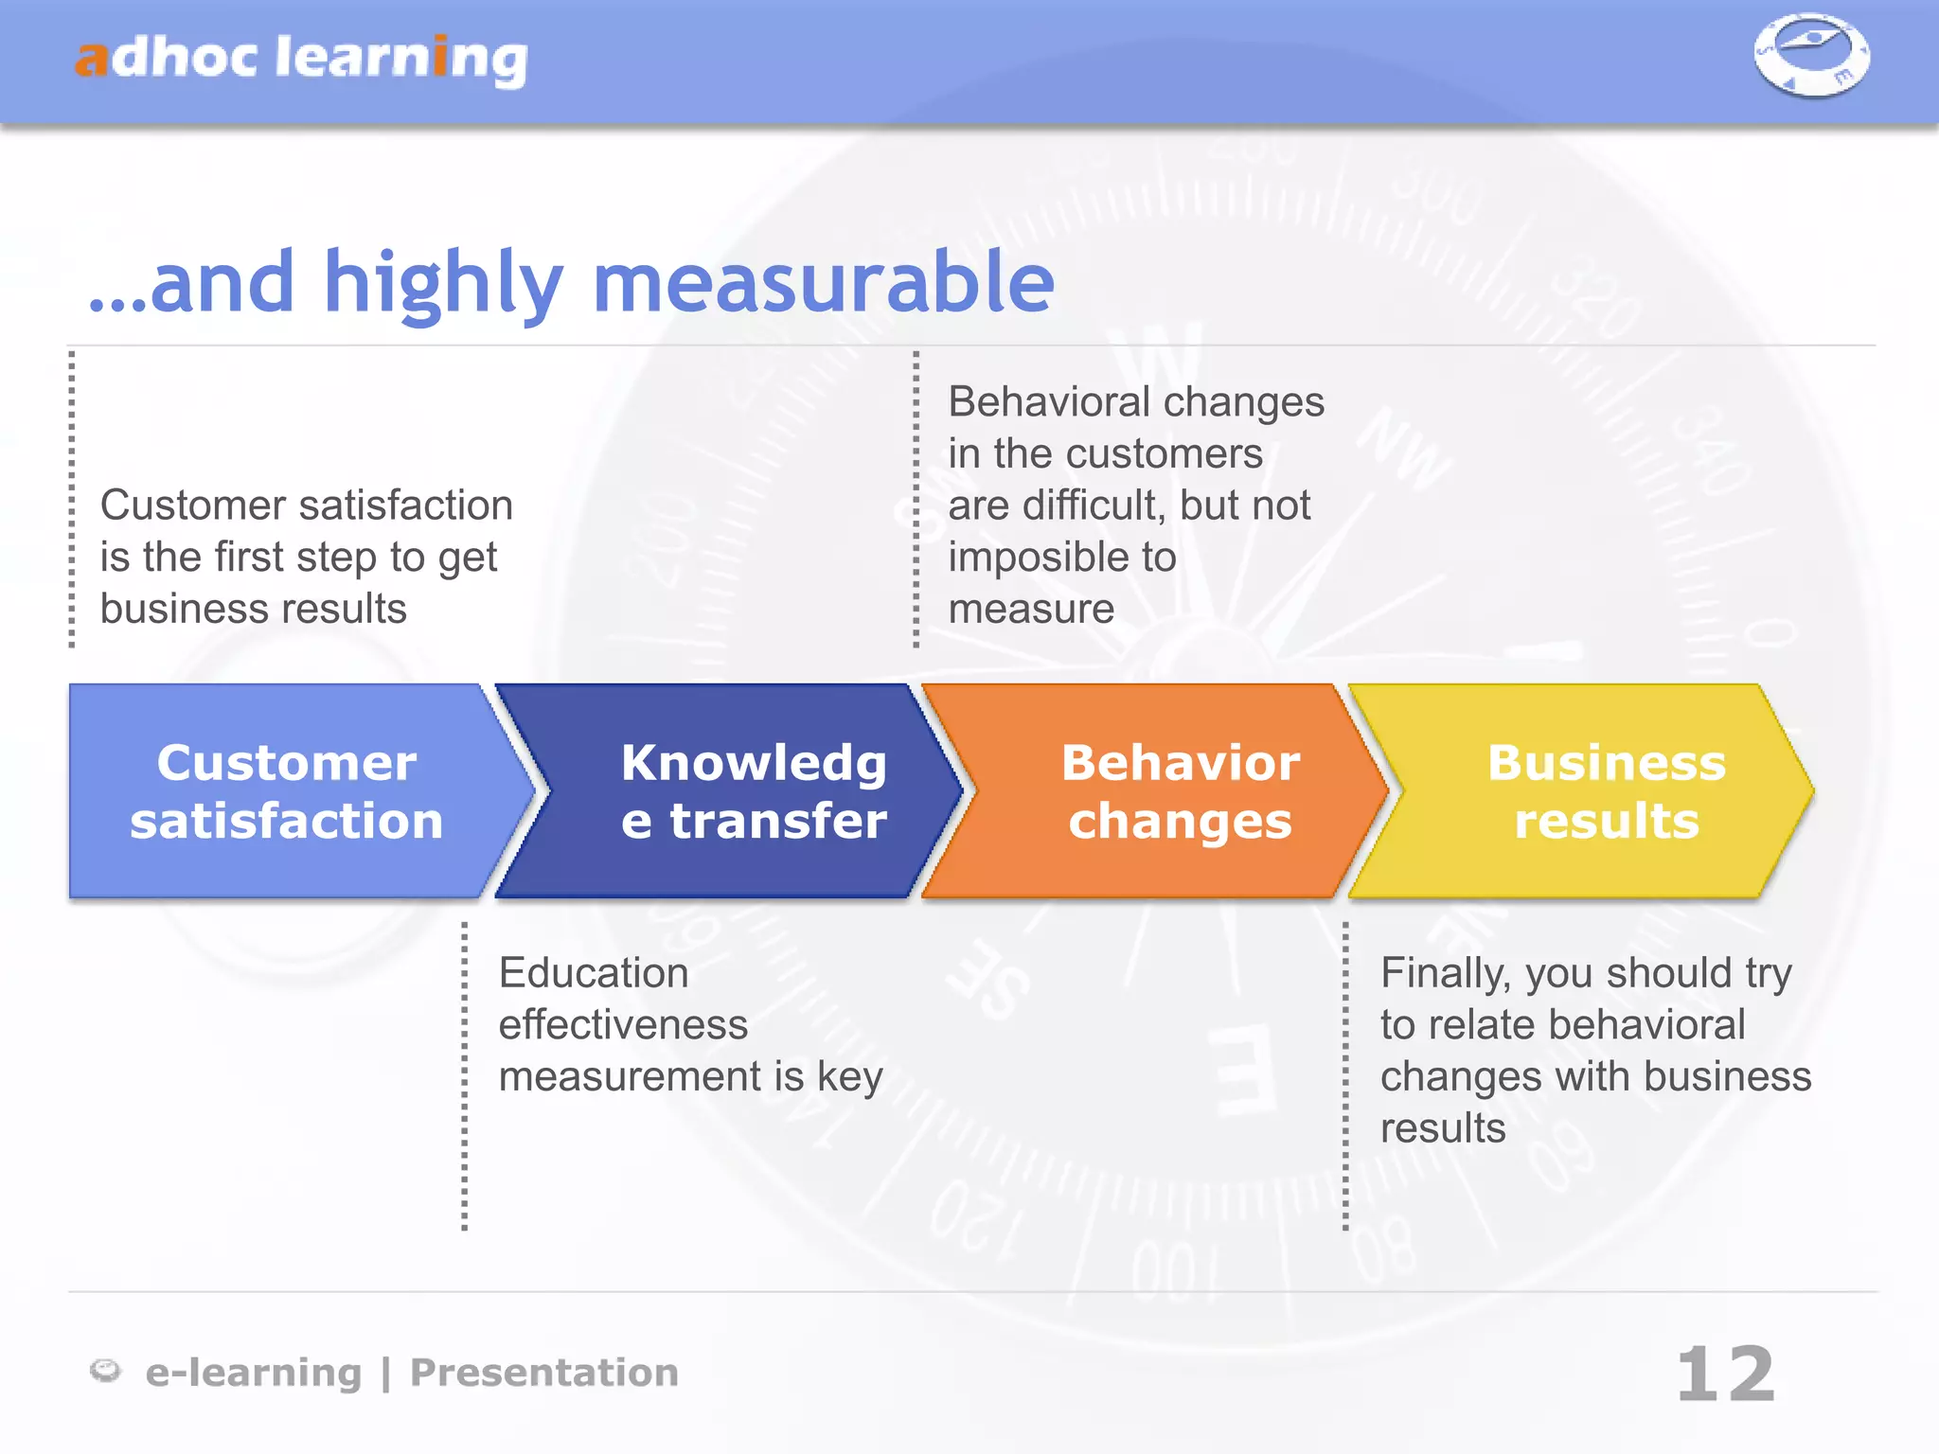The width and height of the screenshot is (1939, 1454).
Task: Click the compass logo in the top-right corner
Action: tap(1811, 55)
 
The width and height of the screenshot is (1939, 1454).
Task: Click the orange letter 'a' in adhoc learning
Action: tap(92, 59)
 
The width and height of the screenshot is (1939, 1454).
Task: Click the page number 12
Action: tap(1725, 1374)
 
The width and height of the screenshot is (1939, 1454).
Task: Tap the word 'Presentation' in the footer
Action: tap(544, 1373)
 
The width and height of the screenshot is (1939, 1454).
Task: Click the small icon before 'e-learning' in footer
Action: tap(105, 1370)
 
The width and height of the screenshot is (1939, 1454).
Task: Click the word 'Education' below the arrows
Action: tap(594, 973)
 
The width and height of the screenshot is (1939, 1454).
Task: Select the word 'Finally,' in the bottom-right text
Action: tap(1445, 973)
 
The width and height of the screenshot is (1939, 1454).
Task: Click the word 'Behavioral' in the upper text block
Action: tap(1048, 402)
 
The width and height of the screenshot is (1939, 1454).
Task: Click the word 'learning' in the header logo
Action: tap(401, 59)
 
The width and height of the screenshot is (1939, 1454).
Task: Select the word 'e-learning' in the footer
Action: tap(253, 1373)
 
